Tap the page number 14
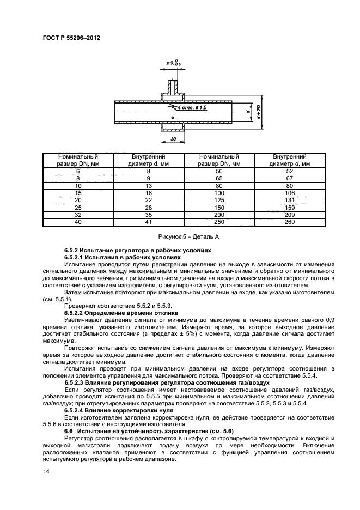(46, 477)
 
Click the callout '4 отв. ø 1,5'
(192, 108)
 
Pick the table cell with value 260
(290, 222)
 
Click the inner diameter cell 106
(290, 193)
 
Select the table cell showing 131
(290, 200)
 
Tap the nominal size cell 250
(218, 222)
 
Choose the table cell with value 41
(148, 222)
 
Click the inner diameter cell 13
(148, 186)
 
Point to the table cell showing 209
(290, 215)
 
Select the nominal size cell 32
(78, 215)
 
